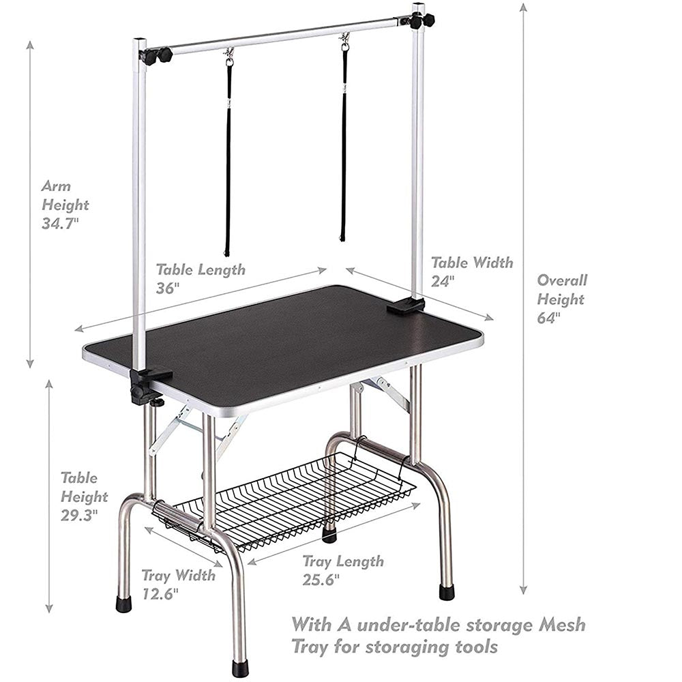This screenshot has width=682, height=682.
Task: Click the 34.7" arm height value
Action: (61, 223)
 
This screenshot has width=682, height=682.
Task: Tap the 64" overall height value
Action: (549, 318)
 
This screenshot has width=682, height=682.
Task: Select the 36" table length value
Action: (168, 288)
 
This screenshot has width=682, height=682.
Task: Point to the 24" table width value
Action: (443, 282)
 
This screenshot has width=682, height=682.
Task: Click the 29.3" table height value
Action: (79, 516)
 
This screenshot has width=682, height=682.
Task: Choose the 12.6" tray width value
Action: (160, 594)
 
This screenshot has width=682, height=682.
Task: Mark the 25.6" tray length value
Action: (321, 579)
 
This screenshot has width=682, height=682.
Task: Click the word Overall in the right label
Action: (562, 280)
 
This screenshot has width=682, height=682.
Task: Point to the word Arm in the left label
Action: (56, 186)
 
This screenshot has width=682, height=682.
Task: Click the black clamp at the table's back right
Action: (406, 306)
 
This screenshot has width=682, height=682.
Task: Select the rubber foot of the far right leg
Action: (447, 591)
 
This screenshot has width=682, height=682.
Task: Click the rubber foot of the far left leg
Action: (124, 604)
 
